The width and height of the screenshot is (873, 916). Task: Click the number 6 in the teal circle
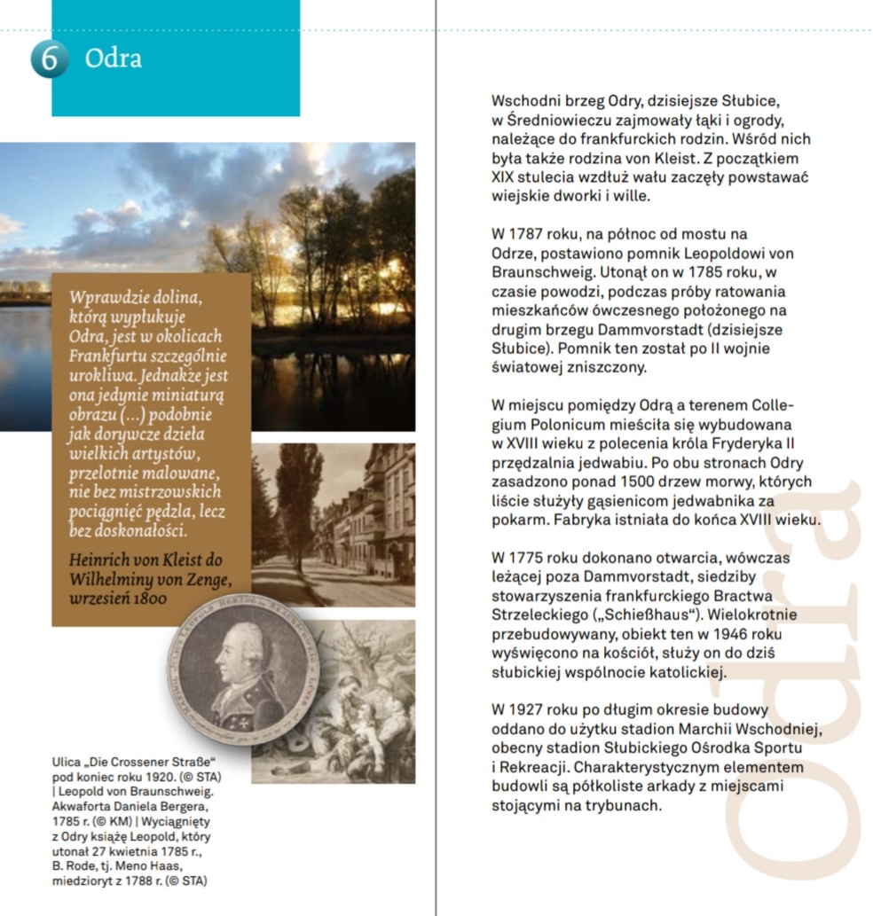coord(49,59)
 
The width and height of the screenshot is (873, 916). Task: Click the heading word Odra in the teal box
coord(113,59)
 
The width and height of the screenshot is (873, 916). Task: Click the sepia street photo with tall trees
coord(334,523)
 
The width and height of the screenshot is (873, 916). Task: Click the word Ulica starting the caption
coord(67,763)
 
